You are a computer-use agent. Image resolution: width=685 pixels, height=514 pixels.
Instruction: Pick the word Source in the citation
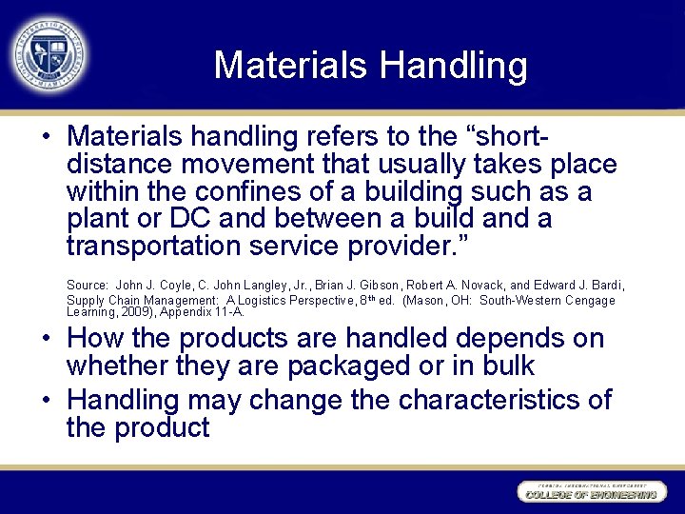[87, 286]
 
